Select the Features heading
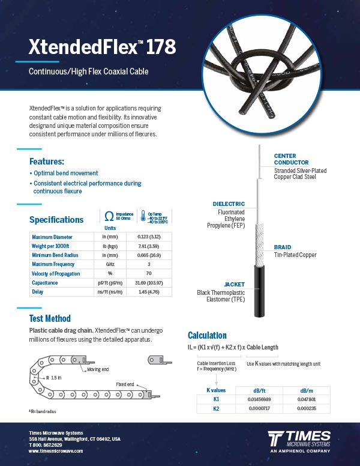(x=47, y=162)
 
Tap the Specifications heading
(x=56, y=220)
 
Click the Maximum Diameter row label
(x=52, y=237)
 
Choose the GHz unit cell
(x=110, y=264)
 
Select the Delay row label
(x=38, y=292)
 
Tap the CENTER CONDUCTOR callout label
(x=292, y=159)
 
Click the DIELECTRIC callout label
(x=229, y=204)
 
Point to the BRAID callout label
(x=283, y=247)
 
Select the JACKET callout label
(x=235, y=284)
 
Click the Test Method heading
(x=50, y=319)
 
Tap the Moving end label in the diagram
(x=98, y=369)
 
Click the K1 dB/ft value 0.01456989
(x=259, y=399)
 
